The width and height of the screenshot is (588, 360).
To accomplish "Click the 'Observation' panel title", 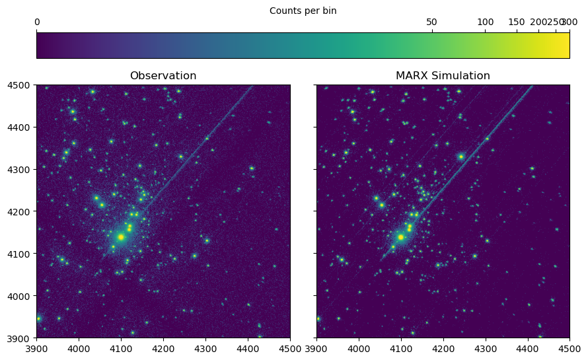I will point(163,76).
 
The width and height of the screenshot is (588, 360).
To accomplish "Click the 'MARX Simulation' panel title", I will point(443,76).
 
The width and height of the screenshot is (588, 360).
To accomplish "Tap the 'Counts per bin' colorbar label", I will point(303,11).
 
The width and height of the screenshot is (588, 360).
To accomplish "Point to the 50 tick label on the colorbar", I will point(431,22).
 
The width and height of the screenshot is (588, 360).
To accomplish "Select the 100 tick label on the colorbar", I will point(486,22).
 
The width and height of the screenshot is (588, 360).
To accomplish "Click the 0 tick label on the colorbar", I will point(37,22).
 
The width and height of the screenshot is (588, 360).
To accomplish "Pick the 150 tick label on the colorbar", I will point(517,22).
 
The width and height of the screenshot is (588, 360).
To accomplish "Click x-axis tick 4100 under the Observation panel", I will point(121,349).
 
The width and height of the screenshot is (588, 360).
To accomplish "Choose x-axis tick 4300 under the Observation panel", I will point(205,349).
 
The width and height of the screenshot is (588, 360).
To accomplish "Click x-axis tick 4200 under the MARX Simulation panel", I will point(443,349).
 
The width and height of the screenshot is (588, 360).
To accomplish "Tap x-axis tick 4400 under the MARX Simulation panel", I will point(528,349).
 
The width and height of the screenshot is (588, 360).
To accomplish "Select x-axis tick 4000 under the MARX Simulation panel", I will point(359,349).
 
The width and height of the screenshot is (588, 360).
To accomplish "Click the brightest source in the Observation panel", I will point(121,236).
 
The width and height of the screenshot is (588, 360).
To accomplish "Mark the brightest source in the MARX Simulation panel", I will point(400,236).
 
